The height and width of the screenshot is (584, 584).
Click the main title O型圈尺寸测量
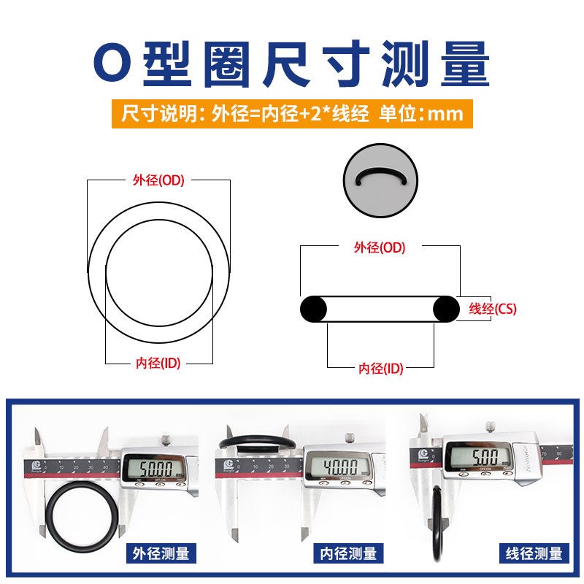pyautogui.click(x=292, y=64)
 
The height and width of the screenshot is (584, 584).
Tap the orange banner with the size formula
pyautogui.click(x=292, y=114)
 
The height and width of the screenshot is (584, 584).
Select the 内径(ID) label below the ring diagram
pyautogui.click(x=158, y=364)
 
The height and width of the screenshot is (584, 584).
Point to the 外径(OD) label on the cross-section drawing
pyautogui.click(x=379, y=247)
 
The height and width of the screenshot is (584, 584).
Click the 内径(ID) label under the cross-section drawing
pyautogui.click(x=380, y=369)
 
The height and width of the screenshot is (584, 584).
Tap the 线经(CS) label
pyautogui.click(x=492, y=309)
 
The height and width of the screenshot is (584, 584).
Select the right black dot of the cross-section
pyautogui.click(x=447, y=309)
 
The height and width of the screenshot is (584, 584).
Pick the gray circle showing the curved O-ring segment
pyautogui.click(x=379, y=180)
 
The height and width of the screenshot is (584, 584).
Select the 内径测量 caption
pyautogui.click(x=349, y=553)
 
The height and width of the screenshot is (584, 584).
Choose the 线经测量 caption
pyautogui.click(x=536, y=553)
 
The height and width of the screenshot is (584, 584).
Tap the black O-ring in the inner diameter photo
pyautogui.click(x=256, y=442)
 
